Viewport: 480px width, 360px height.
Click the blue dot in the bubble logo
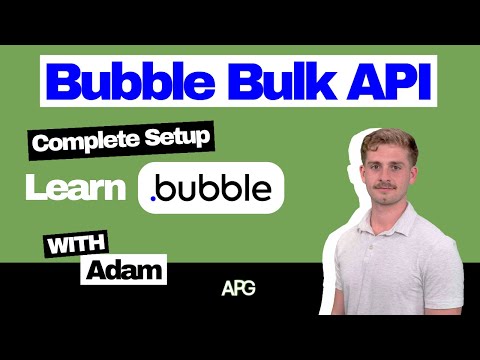(153, 199)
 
